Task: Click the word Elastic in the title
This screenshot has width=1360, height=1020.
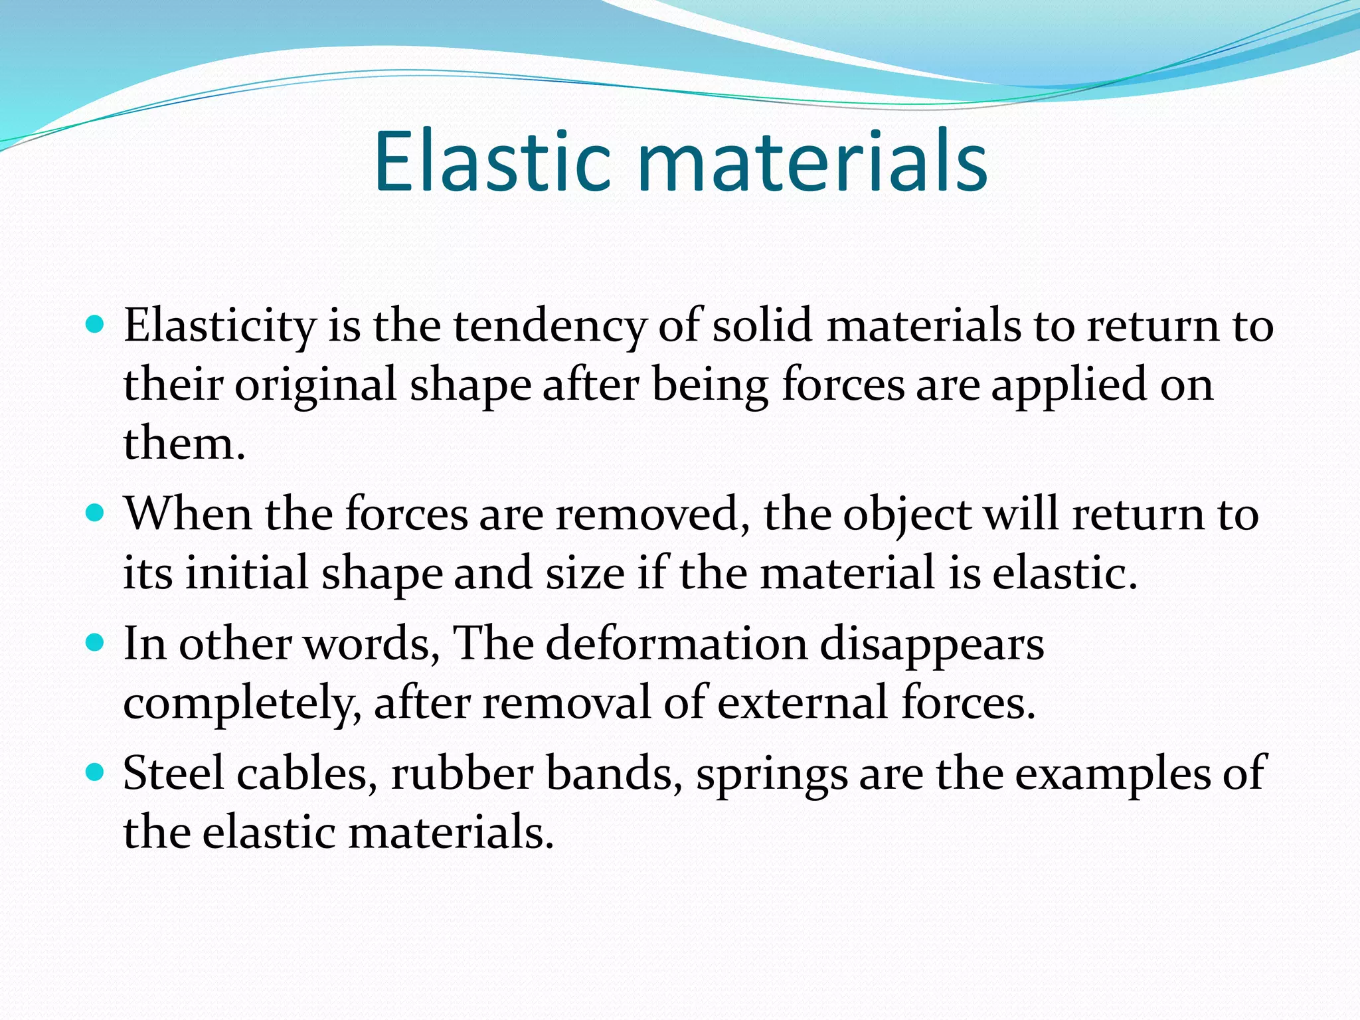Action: [491, 162]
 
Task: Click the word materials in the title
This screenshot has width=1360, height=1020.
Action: [812, 162]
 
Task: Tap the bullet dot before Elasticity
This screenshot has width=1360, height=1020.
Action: [96, 325]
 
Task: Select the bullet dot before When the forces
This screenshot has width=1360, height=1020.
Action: [96, 513]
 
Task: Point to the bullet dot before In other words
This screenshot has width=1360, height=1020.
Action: [96, 643]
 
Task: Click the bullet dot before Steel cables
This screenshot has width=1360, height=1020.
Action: [96, 772]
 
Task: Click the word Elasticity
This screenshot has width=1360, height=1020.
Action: [220, 327]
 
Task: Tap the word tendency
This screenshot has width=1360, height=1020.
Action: [549, 327]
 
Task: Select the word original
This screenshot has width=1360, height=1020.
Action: [315, 385]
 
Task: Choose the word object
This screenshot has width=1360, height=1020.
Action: [907, 515]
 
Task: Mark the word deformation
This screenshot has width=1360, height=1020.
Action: [676, 644]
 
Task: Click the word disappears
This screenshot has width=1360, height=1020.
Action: [931, 644]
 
